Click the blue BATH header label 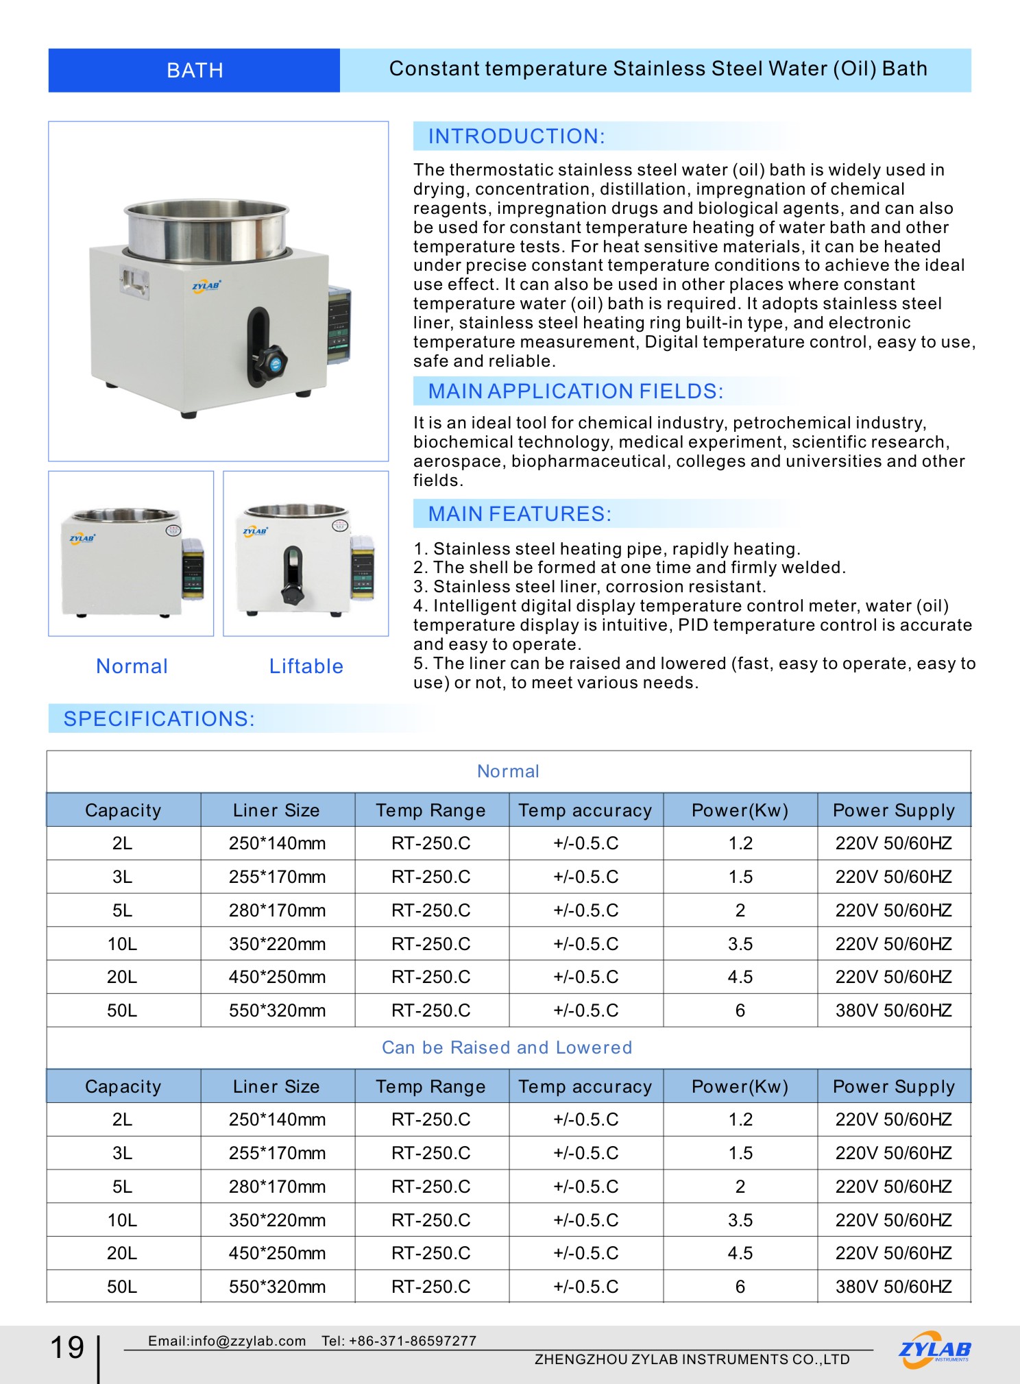[195, 71]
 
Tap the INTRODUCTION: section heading [516, 136]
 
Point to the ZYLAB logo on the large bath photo [206, 286]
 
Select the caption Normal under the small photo [132, 666]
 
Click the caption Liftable [306, 666]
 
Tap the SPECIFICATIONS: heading [159, 718]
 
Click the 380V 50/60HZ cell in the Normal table [893, 1010]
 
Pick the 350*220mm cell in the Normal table [277, 944]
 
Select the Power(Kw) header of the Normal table [740, 810]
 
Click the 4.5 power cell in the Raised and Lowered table [740, 1253]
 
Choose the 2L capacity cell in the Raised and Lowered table [122, 1119]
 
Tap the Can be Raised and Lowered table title [507, 1047]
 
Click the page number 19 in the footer [67, 1348]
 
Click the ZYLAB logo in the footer [934, 1349]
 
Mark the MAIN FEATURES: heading [520, 514]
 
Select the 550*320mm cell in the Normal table [277, 1010]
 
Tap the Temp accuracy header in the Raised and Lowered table [585, 1086]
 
